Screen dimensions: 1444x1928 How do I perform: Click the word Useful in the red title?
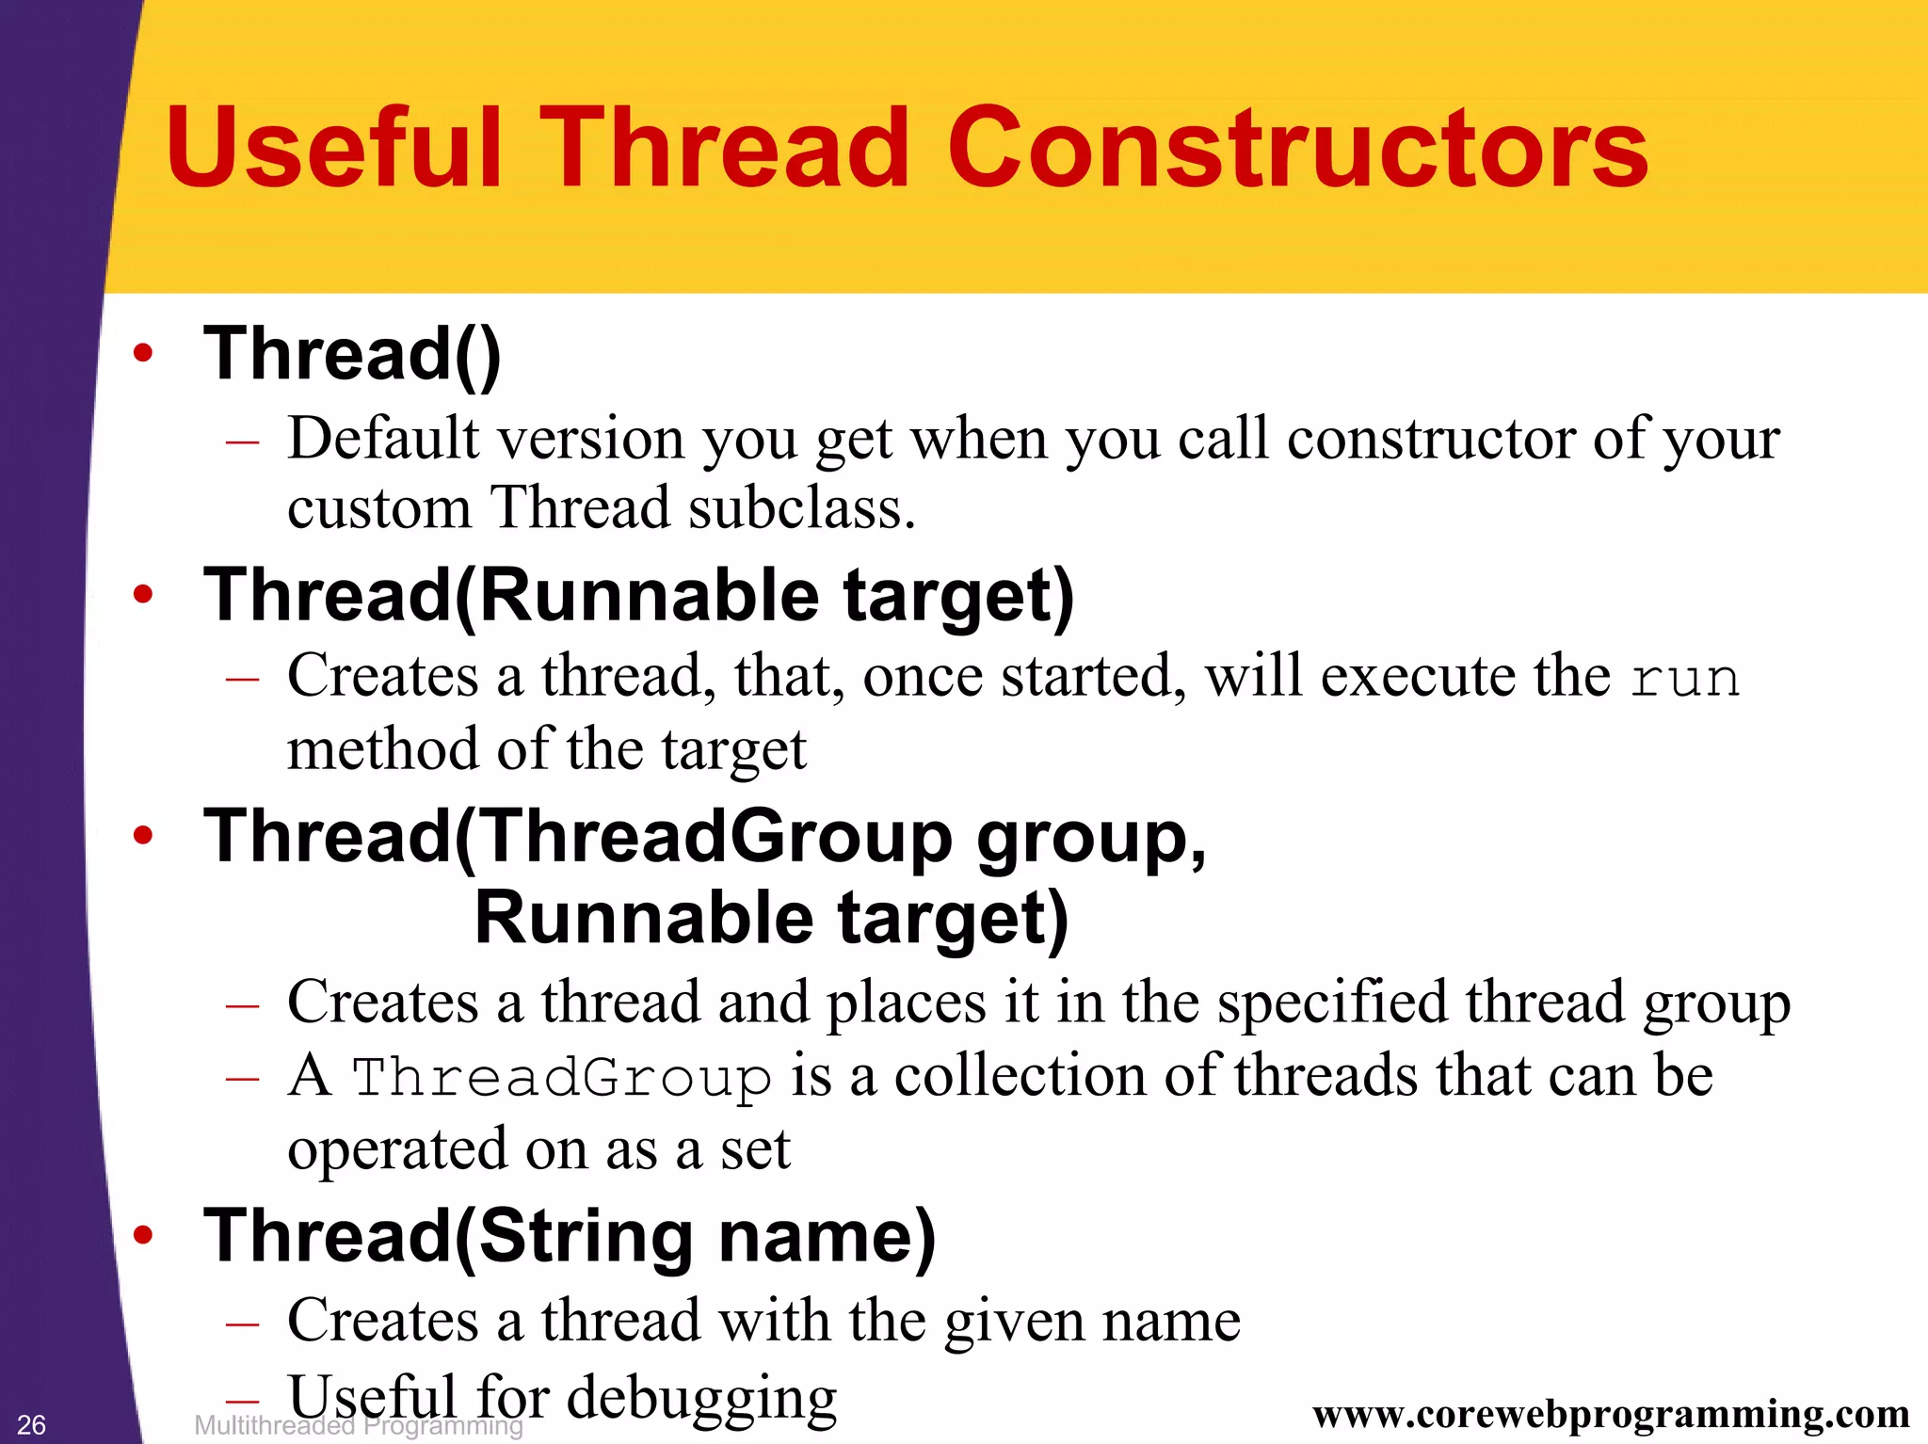tap(334, 148)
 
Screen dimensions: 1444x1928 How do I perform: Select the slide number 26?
tap(31, 1424)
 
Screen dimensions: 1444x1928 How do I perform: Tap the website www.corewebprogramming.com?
tap(1611, 1414)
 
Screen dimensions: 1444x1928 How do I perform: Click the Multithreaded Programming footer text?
tap(358, 1426)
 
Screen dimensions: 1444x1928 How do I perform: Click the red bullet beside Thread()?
tap(143, 354)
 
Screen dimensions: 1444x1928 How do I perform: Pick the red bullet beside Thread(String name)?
tap(143, 1235)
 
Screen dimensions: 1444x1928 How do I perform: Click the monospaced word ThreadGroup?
tap(561, 1078)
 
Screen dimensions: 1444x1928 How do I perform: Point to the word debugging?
tap(701, 1398)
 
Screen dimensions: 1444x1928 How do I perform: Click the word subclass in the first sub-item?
tap(800, 508)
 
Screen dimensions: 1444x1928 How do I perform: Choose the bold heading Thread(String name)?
tap(570, 1235)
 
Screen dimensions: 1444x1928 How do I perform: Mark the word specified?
tap(1332, 1002)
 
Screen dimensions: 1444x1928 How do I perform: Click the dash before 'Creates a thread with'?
tap(242, 1323)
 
